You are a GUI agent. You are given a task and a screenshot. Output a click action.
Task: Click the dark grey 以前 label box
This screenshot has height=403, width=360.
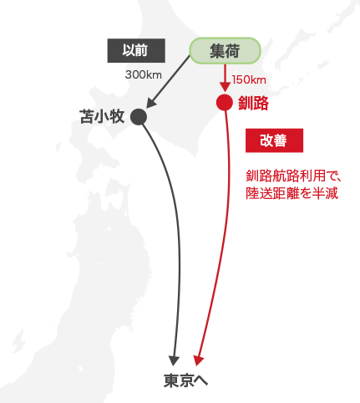click(x=136, y=50)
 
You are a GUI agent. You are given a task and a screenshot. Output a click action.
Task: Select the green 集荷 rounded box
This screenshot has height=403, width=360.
click(x=225, y=51)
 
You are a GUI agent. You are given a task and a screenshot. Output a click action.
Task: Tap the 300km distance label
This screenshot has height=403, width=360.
click(x=144, y=74)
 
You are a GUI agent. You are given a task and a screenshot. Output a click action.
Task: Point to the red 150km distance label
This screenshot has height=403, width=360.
click(x=249, y=80)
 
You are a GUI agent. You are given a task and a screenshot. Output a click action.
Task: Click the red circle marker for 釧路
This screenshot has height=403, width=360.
click(x=225, y=103)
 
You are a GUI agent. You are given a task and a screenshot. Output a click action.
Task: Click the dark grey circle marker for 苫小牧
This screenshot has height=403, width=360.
click(x=139, y=117)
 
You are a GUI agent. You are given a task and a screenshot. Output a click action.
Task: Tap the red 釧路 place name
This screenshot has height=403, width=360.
click(x=253, y=103)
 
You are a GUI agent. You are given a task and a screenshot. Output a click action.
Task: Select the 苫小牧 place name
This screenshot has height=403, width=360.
click(x=102, y=116)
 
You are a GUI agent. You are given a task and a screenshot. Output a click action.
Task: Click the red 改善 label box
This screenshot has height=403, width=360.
click(x=274, y=140)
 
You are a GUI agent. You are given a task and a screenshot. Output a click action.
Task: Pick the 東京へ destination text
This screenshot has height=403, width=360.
click(x=185, y=380)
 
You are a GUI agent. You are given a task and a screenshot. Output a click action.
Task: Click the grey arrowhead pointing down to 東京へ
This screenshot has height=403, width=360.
click(x=174, y=360)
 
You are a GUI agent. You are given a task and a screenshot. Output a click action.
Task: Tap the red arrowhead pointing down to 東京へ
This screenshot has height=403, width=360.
click(x=198, y=360)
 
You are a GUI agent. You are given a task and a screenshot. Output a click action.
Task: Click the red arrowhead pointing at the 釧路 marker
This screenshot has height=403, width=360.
click(x=225, y=87)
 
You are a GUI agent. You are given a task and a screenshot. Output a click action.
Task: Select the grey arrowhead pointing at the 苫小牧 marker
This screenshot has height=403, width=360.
click(x=150, y=104)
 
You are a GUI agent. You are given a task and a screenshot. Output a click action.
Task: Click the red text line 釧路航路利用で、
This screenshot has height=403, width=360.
click(x=293, y=176)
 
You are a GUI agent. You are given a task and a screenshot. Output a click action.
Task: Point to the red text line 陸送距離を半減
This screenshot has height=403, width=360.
click(x=292, y=193)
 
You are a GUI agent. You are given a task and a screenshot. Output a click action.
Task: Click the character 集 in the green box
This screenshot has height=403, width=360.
click(x=217, y=51)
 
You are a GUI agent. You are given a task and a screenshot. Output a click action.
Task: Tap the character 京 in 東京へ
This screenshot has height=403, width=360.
click(x=186, y=380)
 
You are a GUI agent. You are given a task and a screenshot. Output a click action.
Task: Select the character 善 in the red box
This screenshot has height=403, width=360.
click(x=281, y=140)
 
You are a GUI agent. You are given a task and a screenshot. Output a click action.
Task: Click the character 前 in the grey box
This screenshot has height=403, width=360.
click(x=142, y=50)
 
